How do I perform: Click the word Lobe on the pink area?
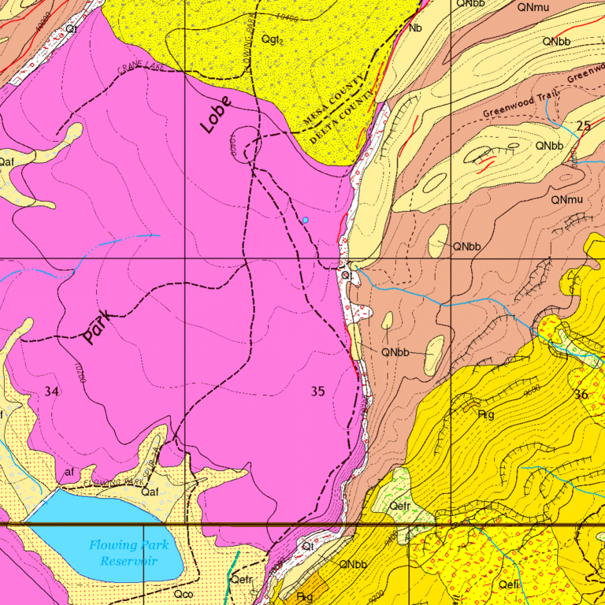216,115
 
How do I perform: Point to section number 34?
52,392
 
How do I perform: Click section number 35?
317,391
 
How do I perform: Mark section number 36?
581,395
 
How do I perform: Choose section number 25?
583,126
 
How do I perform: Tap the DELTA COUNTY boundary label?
340,120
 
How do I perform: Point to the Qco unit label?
184,593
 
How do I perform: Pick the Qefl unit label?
509,584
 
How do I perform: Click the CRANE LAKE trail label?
140,69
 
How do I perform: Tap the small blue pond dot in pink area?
305,221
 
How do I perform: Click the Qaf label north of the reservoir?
150,492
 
